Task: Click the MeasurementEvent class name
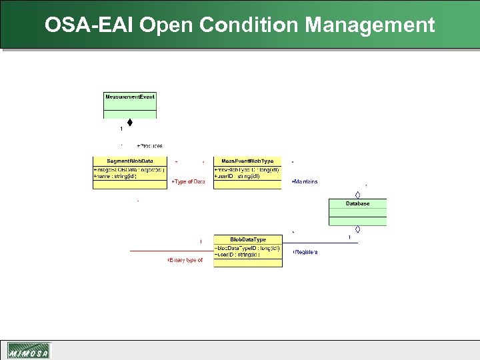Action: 130,97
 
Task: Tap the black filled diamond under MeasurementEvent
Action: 130,123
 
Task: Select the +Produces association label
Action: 149,145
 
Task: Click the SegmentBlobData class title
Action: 130,161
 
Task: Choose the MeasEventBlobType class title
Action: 247,161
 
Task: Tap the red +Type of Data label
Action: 188,182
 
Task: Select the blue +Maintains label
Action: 305,181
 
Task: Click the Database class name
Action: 357,203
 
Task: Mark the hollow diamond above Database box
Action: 358,195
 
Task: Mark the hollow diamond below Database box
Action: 358,229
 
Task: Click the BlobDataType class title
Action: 247,239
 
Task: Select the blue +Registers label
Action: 305,252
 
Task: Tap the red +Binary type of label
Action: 185,260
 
